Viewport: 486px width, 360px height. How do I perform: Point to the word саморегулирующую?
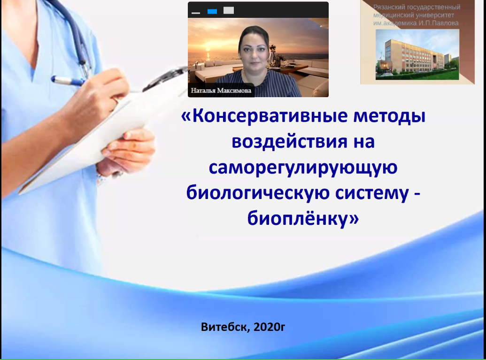(x=303, y=168)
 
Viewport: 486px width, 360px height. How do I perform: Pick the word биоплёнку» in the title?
(x=303, y=218)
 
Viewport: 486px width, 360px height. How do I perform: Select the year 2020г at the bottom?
(x=269, y=327)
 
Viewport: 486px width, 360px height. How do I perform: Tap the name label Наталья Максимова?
(x=221, y=91)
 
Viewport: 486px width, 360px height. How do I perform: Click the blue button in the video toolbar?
(x=212, y=11)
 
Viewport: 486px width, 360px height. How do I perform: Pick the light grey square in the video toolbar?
(x=229, y=10)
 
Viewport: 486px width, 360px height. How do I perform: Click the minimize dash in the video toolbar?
(x=196, y=13)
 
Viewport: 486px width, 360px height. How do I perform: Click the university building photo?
(x=417, y=54)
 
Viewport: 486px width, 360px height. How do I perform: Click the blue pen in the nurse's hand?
(x=68, y=81)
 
